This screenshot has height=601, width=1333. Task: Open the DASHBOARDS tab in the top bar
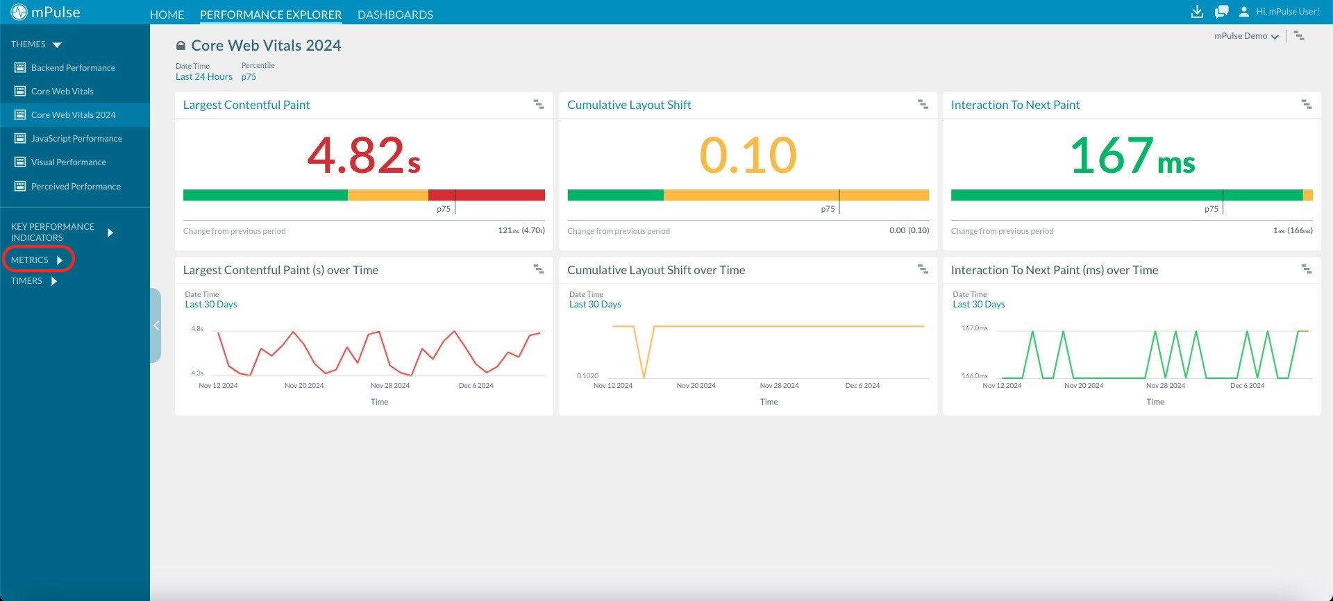[395, 15]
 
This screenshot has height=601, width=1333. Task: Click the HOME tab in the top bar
[167, 15]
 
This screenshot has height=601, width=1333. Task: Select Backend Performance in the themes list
[73, 68]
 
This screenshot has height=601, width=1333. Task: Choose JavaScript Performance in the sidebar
[76, 139]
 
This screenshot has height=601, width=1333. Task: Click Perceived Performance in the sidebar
[76, 187]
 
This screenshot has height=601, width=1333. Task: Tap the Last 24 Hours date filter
[203, 77]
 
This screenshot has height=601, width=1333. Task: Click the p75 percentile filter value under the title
[249, 77]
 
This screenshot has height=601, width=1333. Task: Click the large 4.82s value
[364, 155]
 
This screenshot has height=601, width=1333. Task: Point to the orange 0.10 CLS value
[748, 155]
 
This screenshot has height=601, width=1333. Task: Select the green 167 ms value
[1132, 155]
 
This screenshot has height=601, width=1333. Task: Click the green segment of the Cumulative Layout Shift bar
[615, 195]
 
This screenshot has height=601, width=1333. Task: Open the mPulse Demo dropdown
[1246, 36]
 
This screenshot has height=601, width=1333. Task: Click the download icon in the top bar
[1197, 12]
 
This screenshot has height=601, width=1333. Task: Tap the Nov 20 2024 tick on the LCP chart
[304, 386]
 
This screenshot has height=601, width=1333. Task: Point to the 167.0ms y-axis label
[974, 328]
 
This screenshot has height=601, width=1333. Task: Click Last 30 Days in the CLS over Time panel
[595, 305]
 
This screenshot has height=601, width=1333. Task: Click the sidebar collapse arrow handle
[156, 325]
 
